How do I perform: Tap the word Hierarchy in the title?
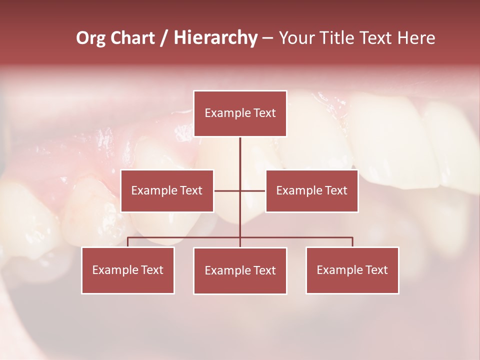click(215, 38)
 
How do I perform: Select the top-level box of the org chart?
click(240, 113)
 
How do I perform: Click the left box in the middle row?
click(167, 190)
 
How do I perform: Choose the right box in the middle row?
click(311, 190)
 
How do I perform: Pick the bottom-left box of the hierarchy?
click(128, 270)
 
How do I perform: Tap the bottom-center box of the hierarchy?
click(240, 270)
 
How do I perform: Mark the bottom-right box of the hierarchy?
click(352, 270)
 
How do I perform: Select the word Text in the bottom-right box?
click(376, 270)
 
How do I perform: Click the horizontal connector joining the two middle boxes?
click(227, 190)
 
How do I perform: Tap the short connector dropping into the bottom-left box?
click(128, 242)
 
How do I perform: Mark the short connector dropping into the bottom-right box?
click(352, 242)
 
